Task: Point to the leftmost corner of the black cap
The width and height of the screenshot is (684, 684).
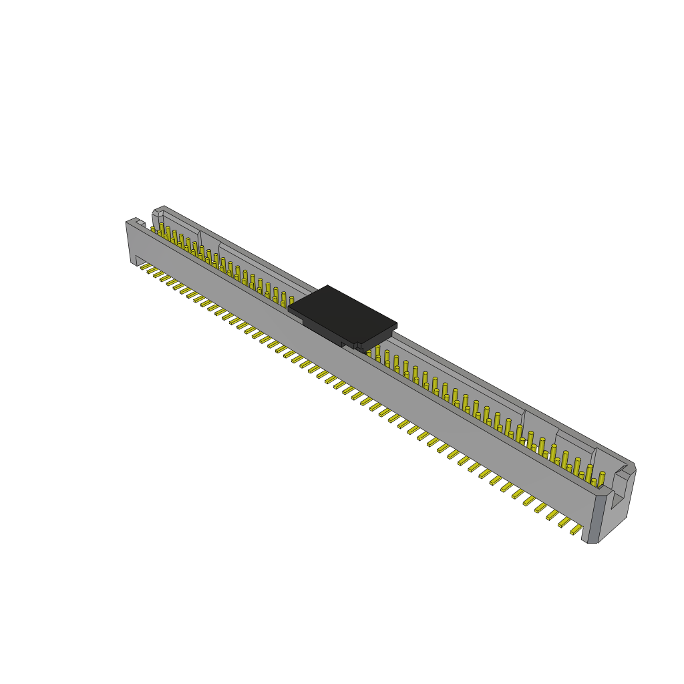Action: pyautogui.click(x=289, y=308)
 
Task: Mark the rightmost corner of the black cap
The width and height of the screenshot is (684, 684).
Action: pyautogui.click(x=396, y=326)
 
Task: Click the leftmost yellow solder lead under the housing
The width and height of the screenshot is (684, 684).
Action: pyautogui.click(x=145, y=266)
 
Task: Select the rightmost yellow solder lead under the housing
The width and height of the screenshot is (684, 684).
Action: pyautogui.click(x=576, y=530)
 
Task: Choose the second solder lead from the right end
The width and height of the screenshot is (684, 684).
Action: pyautogui.click(x=564, y=522)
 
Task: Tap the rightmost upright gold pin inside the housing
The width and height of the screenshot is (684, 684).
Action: pyautogui.click(x=601, y=478)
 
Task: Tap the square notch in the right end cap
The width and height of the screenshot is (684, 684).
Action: pyautogui.click(x=619, y=491)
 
